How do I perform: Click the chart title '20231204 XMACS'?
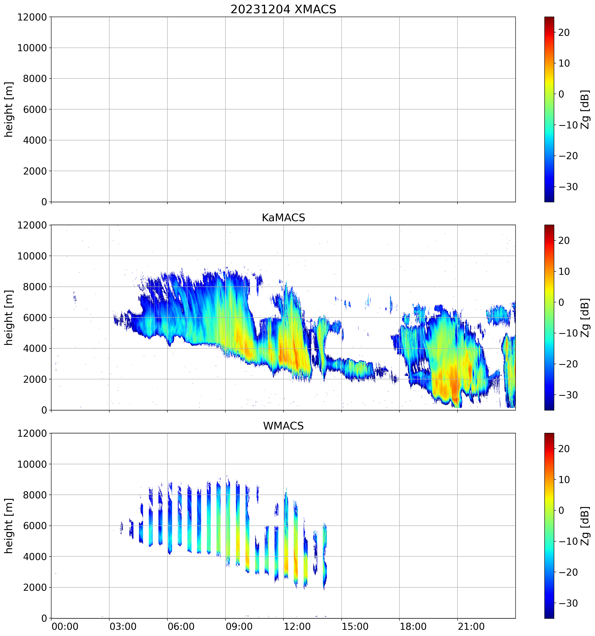coord(283,9)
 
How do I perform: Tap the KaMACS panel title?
coord(283,218)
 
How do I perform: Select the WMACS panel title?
coord(283,426)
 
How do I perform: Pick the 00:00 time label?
coord(65,626)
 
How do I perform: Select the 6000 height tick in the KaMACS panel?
coord(35,318)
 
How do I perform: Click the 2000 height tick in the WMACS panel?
coord(35,587)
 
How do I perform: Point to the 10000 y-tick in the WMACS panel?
coord(32,464)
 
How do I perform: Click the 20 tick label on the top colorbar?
coord(564,33)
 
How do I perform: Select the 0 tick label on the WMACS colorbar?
coord(561,510)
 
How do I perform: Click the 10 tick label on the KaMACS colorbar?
coord(564,272)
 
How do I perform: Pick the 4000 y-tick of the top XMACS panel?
coord(35,140)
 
